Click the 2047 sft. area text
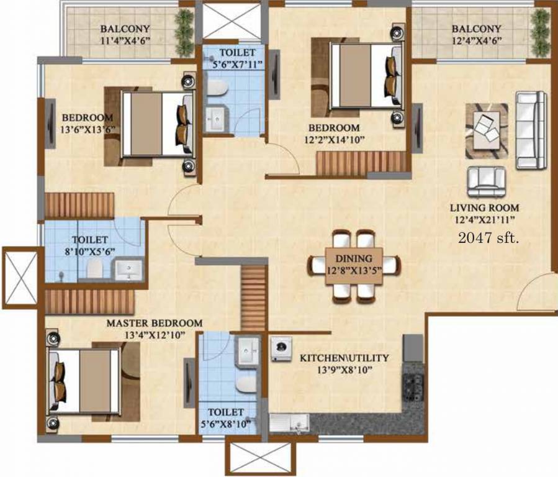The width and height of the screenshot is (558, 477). [488, 237]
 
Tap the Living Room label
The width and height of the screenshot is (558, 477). [485, 207]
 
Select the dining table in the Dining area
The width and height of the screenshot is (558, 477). [354, 266]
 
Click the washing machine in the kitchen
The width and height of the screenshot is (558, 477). [282, 349]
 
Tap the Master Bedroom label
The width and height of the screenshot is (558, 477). [155, 323]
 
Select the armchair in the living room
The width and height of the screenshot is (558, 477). [486, 182]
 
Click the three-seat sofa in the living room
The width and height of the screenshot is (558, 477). [531, 130]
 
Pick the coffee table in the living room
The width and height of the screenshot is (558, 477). [487, 130]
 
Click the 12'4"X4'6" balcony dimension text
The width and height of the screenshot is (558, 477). [477, 40]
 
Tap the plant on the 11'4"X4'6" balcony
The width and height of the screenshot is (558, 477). [184, 33]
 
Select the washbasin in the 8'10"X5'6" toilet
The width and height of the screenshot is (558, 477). [128, 270]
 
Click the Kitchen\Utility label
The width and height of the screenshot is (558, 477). [344, 358]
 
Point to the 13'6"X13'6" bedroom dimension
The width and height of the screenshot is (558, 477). [88, 129]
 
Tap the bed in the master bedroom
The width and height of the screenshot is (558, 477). [84, 381]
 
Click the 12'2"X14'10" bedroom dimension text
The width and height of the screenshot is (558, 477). [335, 140]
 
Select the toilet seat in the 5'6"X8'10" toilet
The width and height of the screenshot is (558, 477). [246, 384]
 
